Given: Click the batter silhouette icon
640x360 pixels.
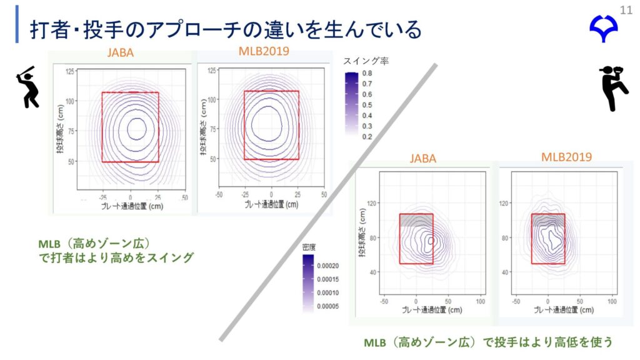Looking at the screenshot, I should tap(26, 86).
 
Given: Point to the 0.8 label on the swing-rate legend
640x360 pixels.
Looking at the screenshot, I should tap(367, 74).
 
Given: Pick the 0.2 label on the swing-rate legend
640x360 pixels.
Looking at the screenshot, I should tap(367, 136).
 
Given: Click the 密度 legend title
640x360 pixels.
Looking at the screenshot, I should tap(310, 247).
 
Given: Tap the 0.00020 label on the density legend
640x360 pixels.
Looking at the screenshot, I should tap(328, 266).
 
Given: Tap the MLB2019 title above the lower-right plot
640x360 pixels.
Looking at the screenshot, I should tap(566, 157).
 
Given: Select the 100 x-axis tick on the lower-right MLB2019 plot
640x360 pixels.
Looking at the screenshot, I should tap(612, 301).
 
